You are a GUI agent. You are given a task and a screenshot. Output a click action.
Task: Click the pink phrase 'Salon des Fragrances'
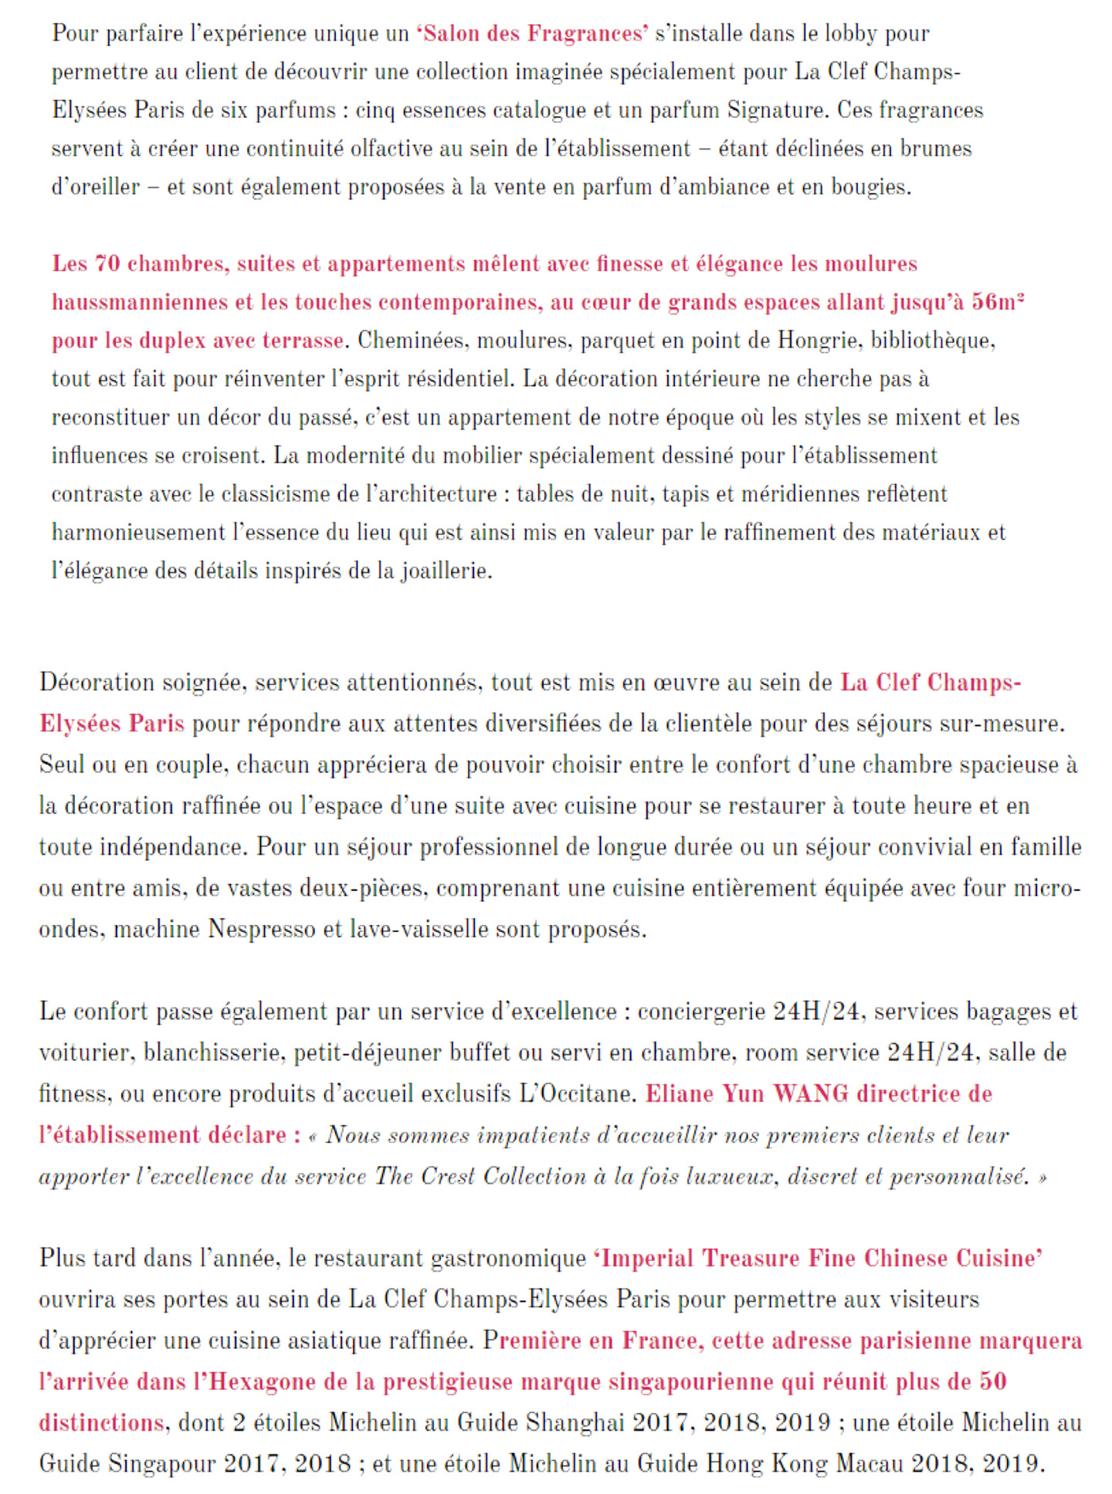point(532,34)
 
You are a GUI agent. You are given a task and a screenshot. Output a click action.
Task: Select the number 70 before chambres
point(107,264)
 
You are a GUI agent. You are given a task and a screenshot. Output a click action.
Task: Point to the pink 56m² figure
point(998,302)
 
